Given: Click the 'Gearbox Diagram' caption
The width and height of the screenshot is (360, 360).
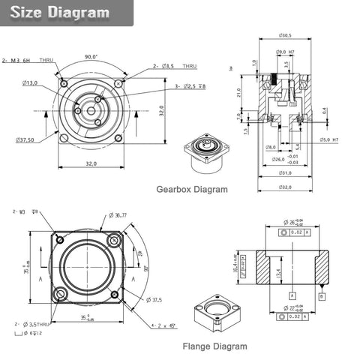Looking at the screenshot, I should tap(191, 190).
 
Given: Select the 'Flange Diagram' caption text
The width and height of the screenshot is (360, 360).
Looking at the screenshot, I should tap(214, 346).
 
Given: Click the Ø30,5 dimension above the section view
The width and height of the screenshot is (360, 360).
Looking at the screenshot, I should tap(285, 36).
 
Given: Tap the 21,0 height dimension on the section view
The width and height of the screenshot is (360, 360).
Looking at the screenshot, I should tap(238, 92).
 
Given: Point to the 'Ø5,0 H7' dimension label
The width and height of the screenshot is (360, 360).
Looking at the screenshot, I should tap(330, 139).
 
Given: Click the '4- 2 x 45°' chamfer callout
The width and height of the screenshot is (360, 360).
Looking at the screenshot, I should tap(163, 325).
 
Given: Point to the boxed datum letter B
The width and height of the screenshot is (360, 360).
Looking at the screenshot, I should tap(322, 296).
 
